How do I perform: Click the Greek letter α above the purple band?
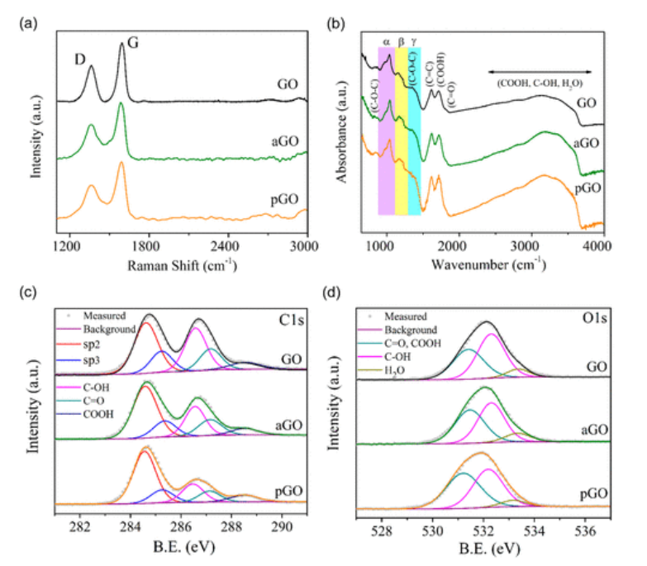click(387, 40)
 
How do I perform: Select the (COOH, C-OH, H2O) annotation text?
click(540, 83)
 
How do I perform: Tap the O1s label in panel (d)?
click(594, 316)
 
